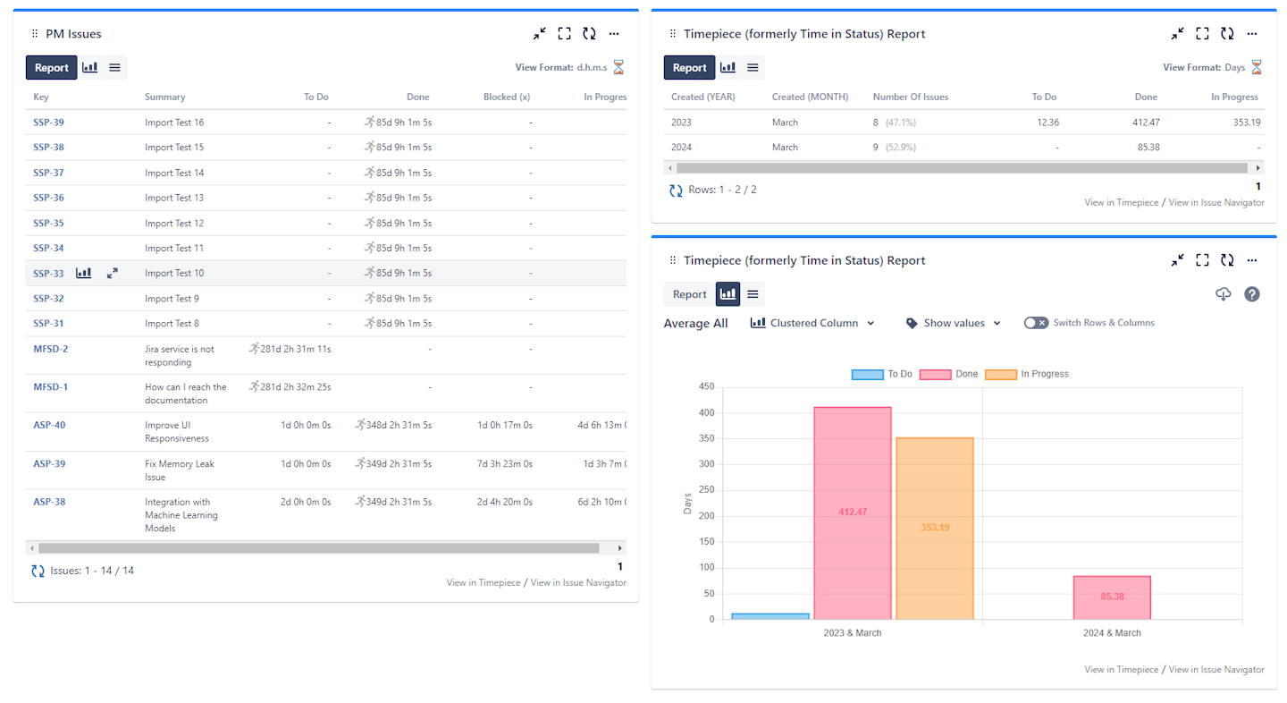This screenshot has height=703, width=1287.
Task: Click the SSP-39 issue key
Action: [x=48, y=123]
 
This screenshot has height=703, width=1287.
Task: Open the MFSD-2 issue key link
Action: [x=51, y=349]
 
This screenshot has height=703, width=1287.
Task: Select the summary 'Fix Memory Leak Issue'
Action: [x=180, y=470]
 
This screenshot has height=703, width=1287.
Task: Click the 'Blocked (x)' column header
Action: [x=507, y=97]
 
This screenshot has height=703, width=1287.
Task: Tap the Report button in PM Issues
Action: [x=52, y=68]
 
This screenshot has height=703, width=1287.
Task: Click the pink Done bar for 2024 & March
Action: [x=1112, y=597]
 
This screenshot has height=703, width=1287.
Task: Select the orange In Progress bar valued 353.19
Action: [x=935, y=528]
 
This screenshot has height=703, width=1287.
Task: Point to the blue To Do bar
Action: [x=770, y=616]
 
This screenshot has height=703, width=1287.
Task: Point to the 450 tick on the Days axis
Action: [x=707, y=387]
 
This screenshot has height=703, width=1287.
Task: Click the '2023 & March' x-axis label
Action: [x=852, y=633]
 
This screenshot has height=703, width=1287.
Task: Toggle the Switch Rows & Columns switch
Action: [x=1037, y=323]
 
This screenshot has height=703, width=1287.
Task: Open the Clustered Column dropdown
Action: [x=812, y=323]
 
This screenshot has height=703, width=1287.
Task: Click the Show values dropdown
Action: [x=953, y=323]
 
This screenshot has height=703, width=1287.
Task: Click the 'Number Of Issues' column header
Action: [x=910, y=97]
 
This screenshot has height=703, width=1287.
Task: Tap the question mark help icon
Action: [x=1252, y=294]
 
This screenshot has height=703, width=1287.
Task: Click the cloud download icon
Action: [x=1224, y=294]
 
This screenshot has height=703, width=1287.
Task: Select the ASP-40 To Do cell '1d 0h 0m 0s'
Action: [x=306, y=426]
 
